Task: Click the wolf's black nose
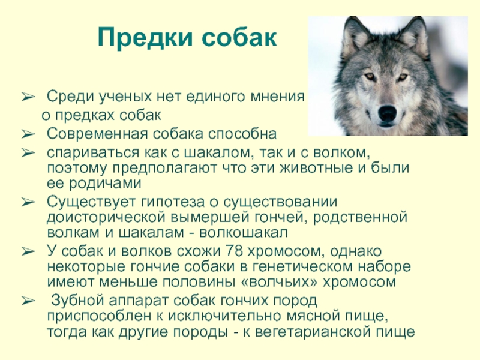(387, 113)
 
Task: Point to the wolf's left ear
(355, 37)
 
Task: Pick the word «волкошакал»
(244, 233)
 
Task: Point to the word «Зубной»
(78, 301)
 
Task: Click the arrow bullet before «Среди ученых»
(28, 97)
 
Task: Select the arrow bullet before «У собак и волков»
(28, 251)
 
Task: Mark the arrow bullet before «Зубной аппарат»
(28, 301)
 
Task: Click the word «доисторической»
(107, 218)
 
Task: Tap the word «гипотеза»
(173, 202)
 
